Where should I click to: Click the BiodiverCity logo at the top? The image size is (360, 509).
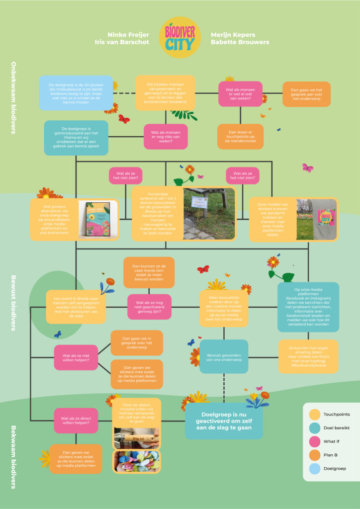coord(180,37)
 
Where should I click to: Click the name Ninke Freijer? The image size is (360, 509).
coord(130,35)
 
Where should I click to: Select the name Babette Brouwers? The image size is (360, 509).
coord(240,42)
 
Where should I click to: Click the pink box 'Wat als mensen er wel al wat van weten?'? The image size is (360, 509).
coord(240,94)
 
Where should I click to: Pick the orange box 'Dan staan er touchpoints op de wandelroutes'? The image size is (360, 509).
coord(240,137)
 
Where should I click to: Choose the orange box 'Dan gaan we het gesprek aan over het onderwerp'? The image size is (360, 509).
coord(306,94)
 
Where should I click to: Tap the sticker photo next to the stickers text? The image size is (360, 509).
coord(316,219)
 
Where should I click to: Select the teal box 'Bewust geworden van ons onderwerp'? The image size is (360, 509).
coord(224,356)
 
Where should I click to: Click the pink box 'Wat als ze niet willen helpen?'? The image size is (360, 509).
coord(76,357)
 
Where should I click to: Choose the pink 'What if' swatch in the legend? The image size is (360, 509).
coord(314,441)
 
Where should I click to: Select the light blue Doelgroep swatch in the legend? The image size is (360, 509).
coord(314,468)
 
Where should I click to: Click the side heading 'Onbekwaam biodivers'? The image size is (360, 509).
coord(14,98)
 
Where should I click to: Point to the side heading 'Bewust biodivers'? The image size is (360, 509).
coord(14,303)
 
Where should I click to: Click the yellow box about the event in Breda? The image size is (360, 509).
coord(76,306)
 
